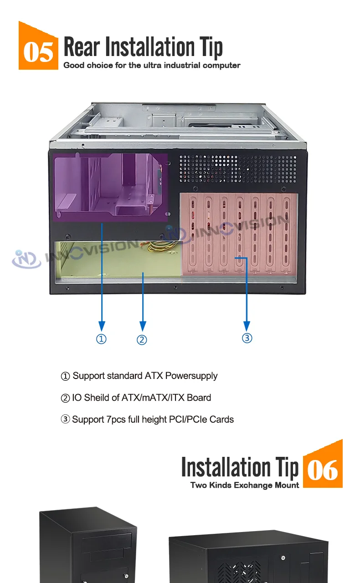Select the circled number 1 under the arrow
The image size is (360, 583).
click(102, 339)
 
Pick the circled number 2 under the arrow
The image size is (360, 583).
click(142, 340)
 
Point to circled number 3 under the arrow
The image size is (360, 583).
click(247, 338)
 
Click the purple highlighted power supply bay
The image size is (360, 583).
click(109, 187)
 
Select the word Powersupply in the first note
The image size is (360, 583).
click(191, 376)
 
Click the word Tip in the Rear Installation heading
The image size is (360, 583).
click(211, 47)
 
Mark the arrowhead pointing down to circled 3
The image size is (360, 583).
click(247, 326)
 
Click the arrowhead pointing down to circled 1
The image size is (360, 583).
click(102, 326)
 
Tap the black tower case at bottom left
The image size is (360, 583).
click(87, 547)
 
